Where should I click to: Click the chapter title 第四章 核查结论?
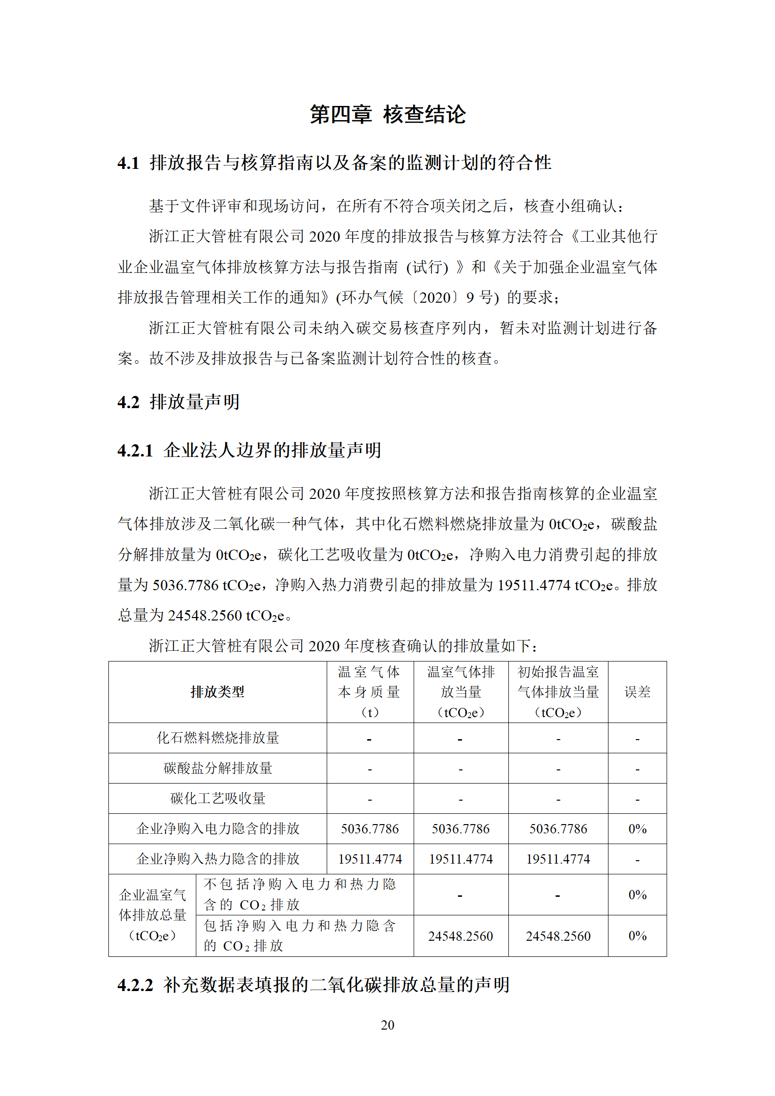[388, 115]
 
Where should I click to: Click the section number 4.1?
[128, 163]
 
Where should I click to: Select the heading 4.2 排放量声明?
[178, 402]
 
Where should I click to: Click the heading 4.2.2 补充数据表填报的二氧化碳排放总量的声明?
[313, 985]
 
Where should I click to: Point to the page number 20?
[387, 1025]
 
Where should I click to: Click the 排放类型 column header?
[217, 692]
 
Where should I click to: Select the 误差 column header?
[637, 692]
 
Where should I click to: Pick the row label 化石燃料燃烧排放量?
[217, 738]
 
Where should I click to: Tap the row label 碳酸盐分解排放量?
[217, 768]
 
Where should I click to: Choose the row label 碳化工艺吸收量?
[217, 798]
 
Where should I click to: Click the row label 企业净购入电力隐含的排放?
[217, 828]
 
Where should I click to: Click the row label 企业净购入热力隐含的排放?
[217, 859]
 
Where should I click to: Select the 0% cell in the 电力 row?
[637, 828]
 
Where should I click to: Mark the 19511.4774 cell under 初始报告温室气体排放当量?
[558, 859]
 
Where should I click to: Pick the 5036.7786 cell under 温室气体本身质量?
[370, 828]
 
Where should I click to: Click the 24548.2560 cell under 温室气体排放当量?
[461, 936]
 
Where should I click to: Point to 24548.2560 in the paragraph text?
[205, 616]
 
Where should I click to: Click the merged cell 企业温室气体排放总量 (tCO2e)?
[152, 915]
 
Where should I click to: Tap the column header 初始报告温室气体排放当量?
[558, 692]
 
